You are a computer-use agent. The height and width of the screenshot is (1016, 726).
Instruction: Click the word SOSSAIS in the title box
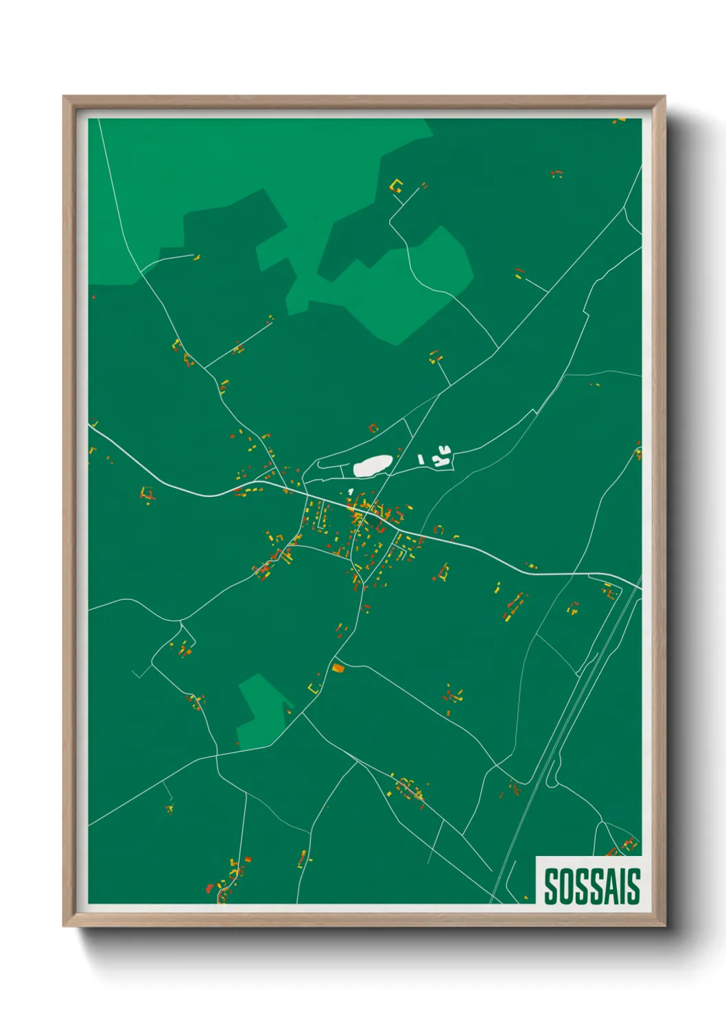[592, 886]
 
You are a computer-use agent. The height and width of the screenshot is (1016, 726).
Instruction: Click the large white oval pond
[373, 465]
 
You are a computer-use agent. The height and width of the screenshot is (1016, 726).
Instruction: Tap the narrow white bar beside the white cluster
[421, 457]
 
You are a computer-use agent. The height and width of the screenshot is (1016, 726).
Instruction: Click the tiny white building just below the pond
[351, 492]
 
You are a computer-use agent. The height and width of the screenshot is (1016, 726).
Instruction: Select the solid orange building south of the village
[338, 667]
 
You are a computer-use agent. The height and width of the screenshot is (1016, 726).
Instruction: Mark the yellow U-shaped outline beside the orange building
[315, 687]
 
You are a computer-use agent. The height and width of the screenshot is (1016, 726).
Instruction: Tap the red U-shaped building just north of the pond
[373, 428]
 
